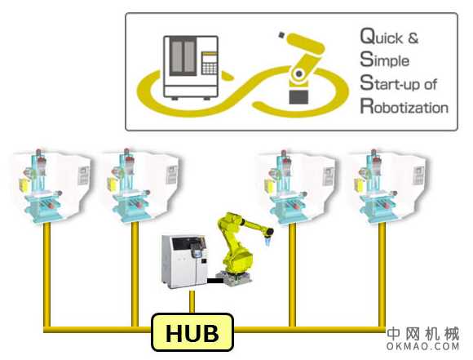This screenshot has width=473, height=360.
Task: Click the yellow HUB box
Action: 192,333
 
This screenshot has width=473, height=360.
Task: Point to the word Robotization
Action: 404,107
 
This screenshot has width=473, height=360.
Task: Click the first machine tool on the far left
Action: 48,184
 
